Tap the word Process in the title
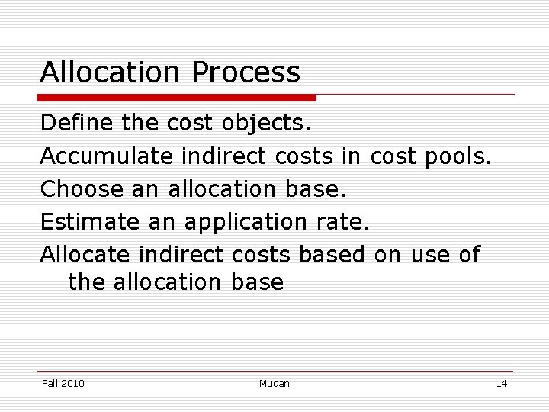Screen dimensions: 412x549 click(x=246, y=72)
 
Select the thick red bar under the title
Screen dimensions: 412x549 click(x=178, y=98)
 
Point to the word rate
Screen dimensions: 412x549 click(x=342, y=221)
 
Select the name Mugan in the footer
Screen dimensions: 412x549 click(x=274, y=383)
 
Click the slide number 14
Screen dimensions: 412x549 click(x=501, y=383)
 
